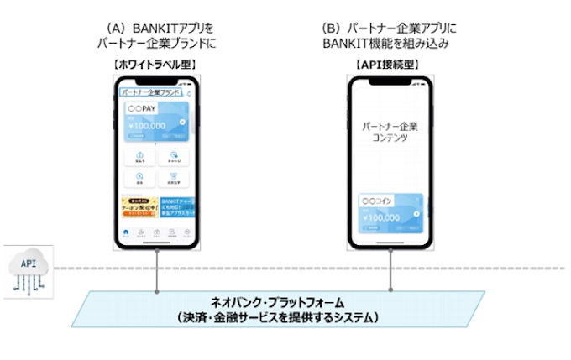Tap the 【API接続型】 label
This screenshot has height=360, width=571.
point(388,64)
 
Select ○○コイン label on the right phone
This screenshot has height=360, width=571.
point(376,202)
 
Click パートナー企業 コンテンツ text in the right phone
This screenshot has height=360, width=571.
point(389,131)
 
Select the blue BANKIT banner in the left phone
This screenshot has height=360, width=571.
point(177,209)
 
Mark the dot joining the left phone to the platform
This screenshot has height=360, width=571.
point(156,291)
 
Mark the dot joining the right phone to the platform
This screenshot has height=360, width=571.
point(389,291)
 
